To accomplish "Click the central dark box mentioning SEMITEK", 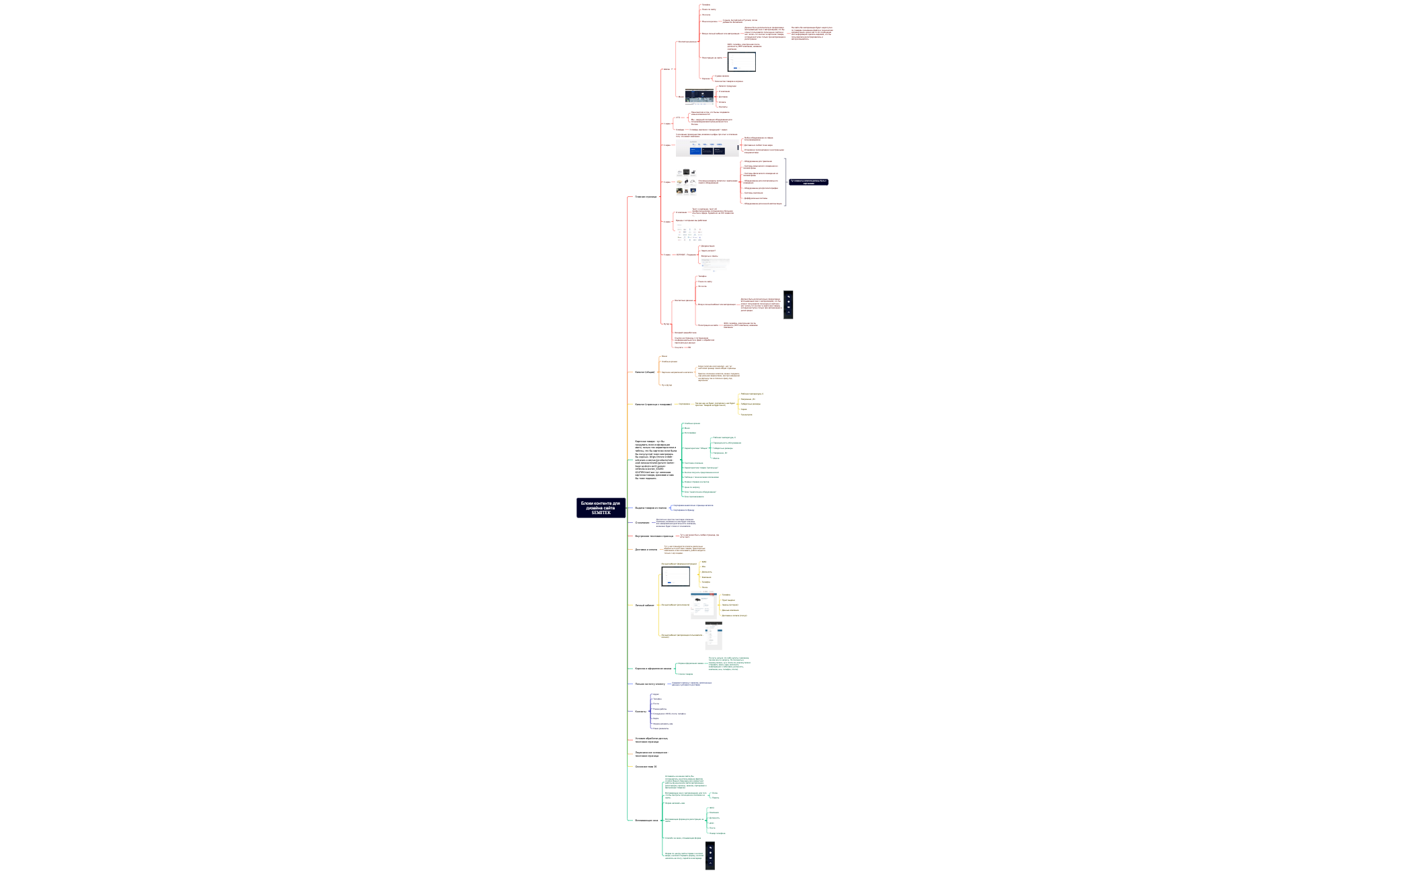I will tap(601, 508).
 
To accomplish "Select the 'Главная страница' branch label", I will tap(646, 197).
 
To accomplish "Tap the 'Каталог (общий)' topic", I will tap(644, 372).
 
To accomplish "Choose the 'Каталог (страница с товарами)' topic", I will tap(653, 405).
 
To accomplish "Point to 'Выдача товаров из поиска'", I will tap(650, 508).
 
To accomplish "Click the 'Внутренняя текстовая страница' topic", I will tap(654, 536).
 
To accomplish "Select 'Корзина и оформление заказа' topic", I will tap(653, 669).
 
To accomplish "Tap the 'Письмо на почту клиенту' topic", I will tap(650, 684).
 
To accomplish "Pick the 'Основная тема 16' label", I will tap(645, 766).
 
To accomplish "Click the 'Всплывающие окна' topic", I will tap(646, 820).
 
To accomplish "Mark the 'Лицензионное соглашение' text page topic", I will tap(651, 754).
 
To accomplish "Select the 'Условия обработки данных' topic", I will tap(651, 740).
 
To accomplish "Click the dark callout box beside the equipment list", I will tap(808, 182).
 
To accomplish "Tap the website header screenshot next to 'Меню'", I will tap(699, 97).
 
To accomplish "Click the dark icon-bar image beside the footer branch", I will tap(788, 304).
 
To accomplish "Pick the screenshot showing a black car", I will tap(703, 606).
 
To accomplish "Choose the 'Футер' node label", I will tap(667, 324).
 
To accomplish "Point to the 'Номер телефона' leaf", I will tap(717, 833).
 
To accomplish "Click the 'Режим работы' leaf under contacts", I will tap(660, 709).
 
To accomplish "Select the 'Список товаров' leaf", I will tap(685, 674).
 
